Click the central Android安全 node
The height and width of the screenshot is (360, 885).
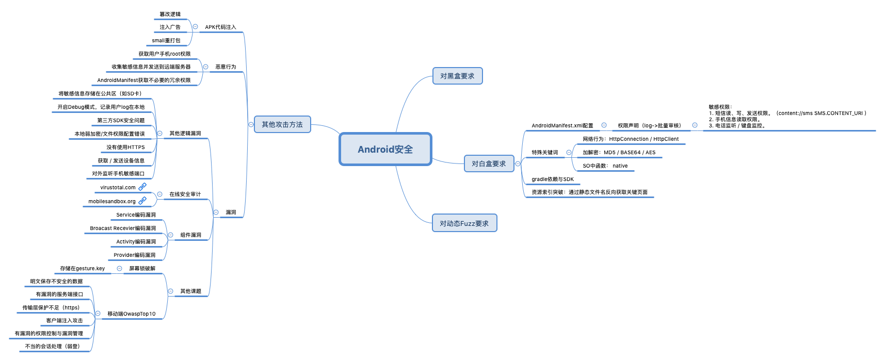pos(385,150)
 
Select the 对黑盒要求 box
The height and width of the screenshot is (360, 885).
pos(457,76)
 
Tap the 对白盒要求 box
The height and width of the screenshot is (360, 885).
pos(489,163)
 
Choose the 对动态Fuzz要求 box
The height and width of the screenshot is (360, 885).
pos(464,223)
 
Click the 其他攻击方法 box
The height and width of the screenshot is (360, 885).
pos(282,124)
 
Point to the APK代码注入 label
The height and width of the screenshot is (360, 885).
pos(220,27)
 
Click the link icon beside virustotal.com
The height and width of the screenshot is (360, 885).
pos(142,187)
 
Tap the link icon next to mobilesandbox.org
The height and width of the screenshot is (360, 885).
pos(142,201)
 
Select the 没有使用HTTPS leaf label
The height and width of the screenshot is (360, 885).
pos(125,148)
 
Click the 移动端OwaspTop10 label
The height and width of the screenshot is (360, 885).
pos(132,314)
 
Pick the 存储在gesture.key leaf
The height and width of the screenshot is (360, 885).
pos(83,269)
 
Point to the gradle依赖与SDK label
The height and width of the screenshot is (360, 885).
pos(553,179)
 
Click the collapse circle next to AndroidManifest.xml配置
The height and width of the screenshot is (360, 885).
pos(604,125)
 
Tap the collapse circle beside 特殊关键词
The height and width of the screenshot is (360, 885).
pos(569,152)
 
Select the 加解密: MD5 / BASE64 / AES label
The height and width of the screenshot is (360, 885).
pos(619,153)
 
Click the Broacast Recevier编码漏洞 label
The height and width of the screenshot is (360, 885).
pos(123,228)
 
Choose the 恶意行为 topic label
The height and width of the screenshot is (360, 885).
pos(226,67)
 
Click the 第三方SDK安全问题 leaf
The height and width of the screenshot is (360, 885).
pos(121,121)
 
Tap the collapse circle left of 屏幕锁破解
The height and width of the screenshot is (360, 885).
pos(119,268)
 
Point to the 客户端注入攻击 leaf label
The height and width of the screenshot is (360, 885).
pos(65,321)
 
